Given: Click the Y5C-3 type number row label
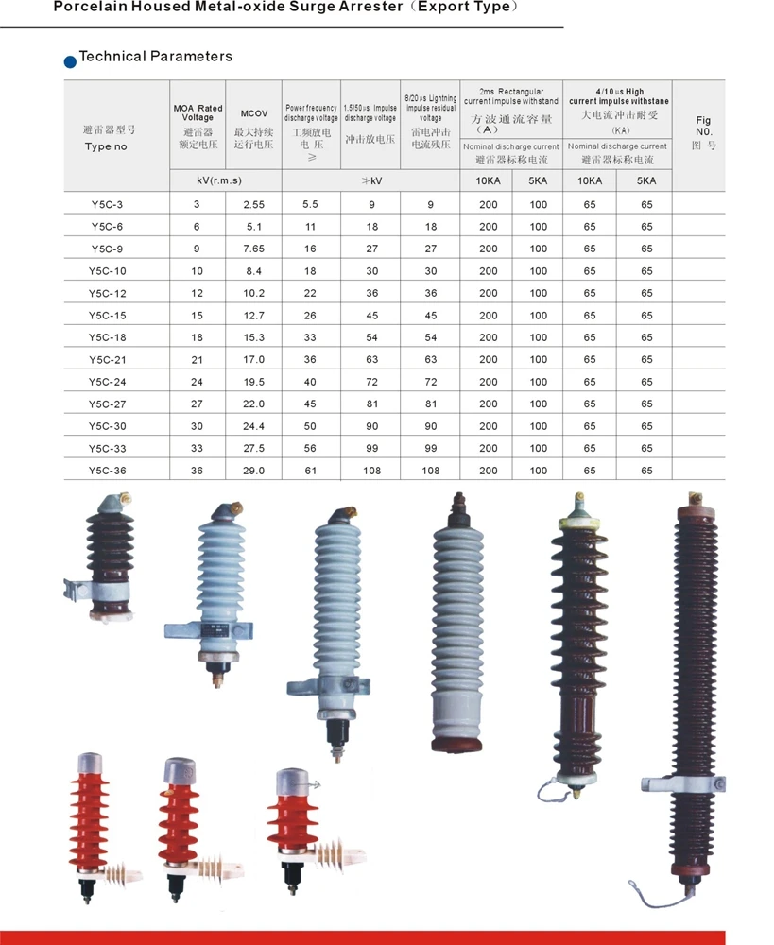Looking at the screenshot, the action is pos(108,205).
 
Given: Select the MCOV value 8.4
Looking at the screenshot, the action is pos(254,271).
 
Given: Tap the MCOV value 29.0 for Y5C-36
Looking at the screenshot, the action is pos(254,471).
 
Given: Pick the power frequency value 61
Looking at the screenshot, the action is pos(310,471).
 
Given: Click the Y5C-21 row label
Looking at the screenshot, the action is pos(108,360).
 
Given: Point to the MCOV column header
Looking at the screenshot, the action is pos(254,113).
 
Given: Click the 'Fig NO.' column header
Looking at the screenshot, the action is pos(703,126).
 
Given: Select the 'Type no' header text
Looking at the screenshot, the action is pos(106,146).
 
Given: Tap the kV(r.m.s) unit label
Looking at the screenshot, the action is pos(219,180).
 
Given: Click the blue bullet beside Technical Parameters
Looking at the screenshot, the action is pos(70,61).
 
